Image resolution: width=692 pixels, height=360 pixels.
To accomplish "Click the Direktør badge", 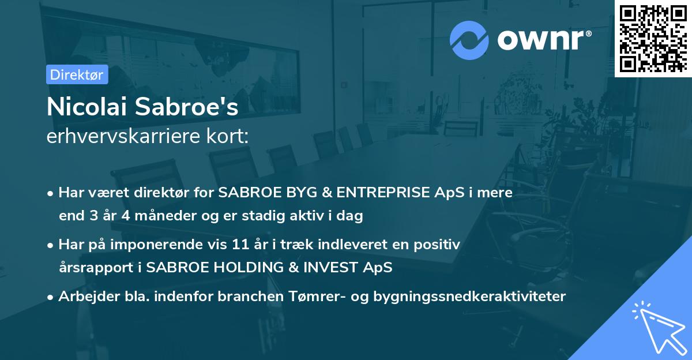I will pos(76,74).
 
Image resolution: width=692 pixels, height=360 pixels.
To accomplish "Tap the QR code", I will pos(652,38).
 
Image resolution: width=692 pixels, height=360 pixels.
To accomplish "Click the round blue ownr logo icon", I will pos(469,40).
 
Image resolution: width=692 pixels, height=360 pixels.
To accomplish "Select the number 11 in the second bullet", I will pos(239,245).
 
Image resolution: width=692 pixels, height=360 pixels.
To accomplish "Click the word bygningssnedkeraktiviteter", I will pos(470,297).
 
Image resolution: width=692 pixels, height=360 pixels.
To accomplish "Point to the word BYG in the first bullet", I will pos(288,193).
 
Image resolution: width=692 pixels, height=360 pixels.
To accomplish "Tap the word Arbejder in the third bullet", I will pos(83,297).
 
